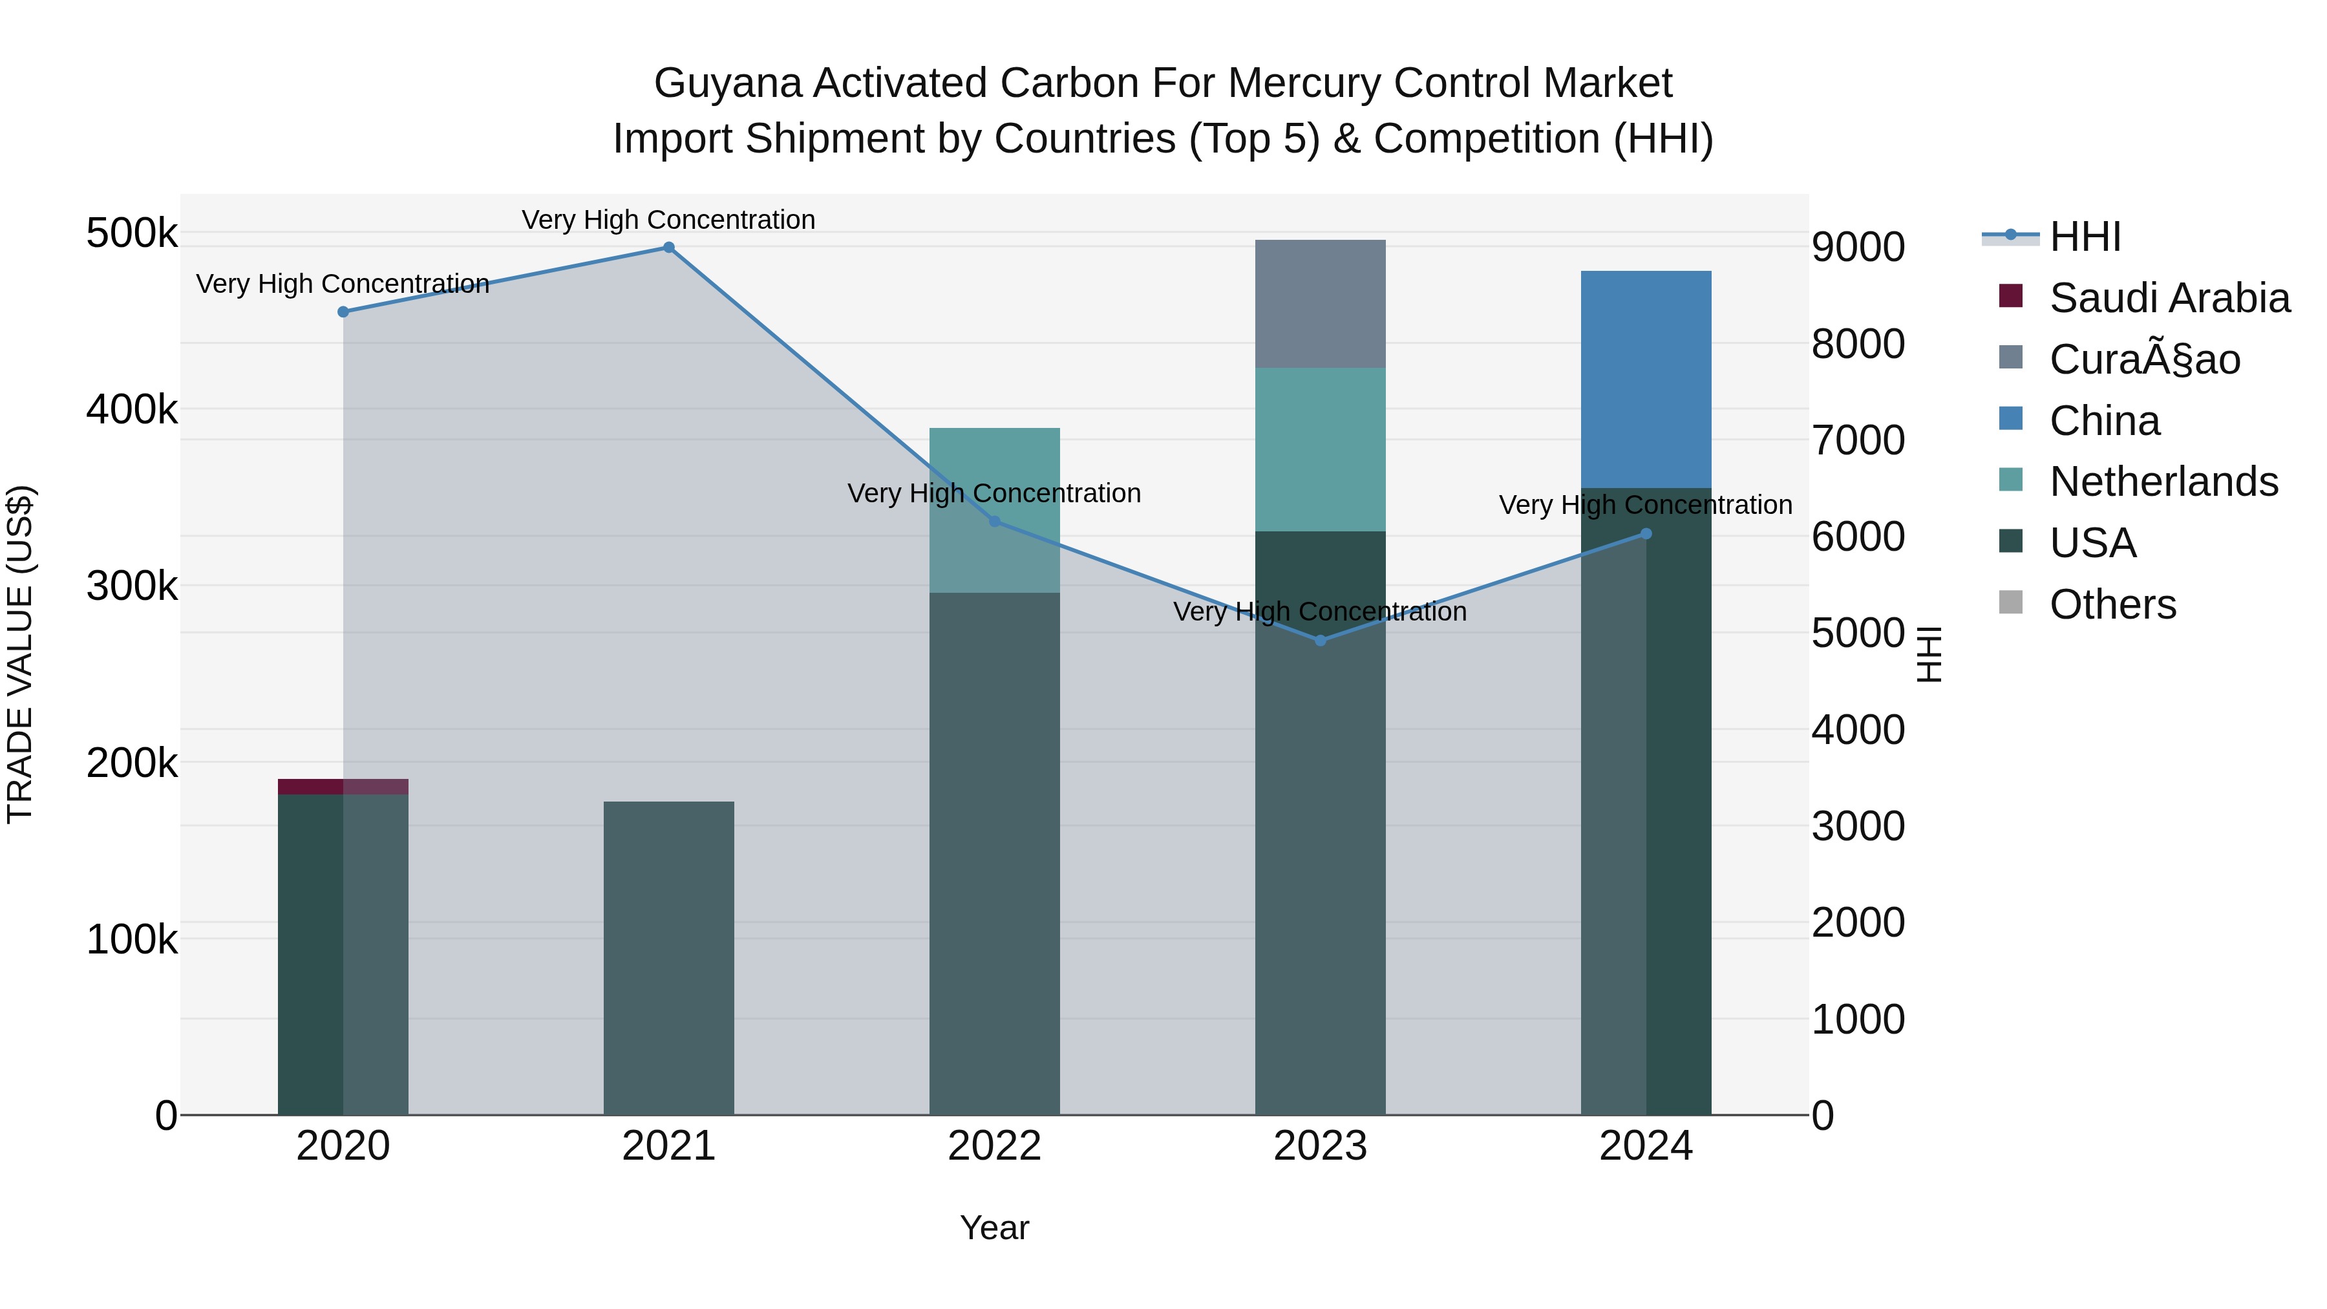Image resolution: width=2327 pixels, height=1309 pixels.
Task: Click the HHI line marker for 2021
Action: pos(668,248)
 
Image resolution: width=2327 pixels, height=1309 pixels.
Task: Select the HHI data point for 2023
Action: pos(1320,641)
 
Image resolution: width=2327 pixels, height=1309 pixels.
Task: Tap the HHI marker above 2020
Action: pos(343,312)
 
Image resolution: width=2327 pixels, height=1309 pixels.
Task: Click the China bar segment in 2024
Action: pos(1646,379)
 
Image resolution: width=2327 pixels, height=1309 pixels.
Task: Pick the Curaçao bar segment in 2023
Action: pos(1320,304)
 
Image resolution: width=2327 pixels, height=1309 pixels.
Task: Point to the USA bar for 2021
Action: pos(668,957)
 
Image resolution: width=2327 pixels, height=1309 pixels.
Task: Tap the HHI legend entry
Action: pos(2085,237)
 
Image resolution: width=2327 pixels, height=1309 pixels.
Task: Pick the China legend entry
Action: pos(2105,421)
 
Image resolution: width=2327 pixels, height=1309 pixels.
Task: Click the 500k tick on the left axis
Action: pos(132,234)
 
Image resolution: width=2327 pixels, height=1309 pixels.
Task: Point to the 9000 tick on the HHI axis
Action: pos(1858,248)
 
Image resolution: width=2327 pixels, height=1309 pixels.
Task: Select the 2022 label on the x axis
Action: pos(993,1146)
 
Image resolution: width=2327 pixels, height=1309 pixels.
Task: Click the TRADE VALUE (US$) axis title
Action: pos(21,654)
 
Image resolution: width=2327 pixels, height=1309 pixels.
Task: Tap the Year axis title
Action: pos(993,1228)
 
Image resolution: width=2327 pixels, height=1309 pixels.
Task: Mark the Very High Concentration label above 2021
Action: pos(668,220)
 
